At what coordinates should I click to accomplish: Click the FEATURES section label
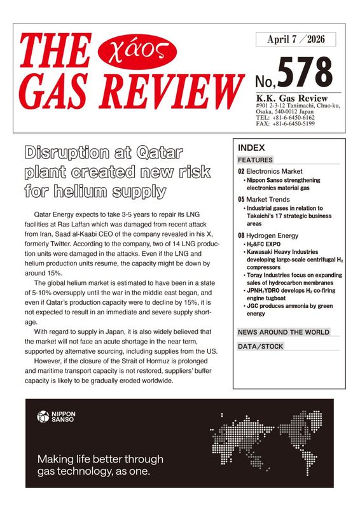255,160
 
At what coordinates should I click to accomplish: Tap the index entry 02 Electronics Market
270,172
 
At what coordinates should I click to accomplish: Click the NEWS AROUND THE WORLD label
284,332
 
